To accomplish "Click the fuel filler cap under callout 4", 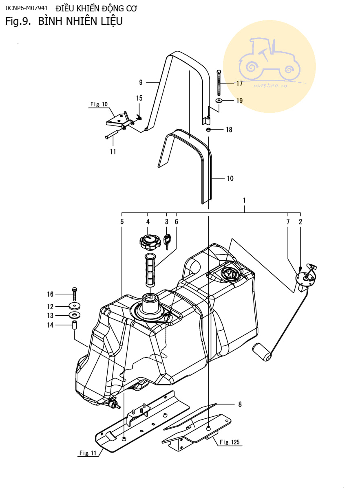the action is [x=150, y=242].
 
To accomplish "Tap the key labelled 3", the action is [x=168, y=242].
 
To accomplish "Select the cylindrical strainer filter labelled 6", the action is [x=150, y=270].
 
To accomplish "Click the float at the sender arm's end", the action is [x=262, y=352].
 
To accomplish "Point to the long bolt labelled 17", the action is [x=219, y=83].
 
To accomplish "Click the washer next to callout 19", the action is [x=219, y=101].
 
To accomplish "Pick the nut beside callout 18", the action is [x=208, y=130].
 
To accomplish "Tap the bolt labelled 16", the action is [x=74, y=294].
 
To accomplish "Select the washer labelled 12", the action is [x=75, y=306].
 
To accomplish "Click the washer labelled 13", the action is [x=75, y=315].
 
